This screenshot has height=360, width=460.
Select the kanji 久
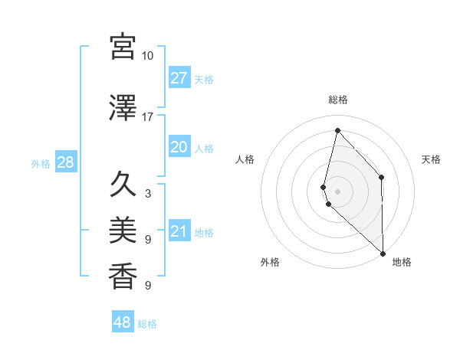point(123,184)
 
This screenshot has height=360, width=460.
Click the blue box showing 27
point(179,78)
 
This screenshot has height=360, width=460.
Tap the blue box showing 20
point(179,147)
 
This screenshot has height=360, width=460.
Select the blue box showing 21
point(179,231)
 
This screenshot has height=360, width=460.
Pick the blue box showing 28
point(65,162)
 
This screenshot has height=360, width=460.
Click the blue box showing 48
point(123,322)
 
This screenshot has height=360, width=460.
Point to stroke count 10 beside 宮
point(147,56)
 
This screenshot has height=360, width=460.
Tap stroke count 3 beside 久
point(147,194)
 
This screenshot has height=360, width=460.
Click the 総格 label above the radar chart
point(338,100)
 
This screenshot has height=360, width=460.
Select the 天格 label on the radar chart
point(432,159)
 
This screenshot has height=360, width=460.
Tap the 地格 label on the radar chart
point(402,262)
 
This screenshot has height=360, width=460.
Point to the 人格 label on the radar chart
point(245,159)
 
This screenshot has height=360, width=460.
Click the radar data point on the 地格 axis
point(383,254)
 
